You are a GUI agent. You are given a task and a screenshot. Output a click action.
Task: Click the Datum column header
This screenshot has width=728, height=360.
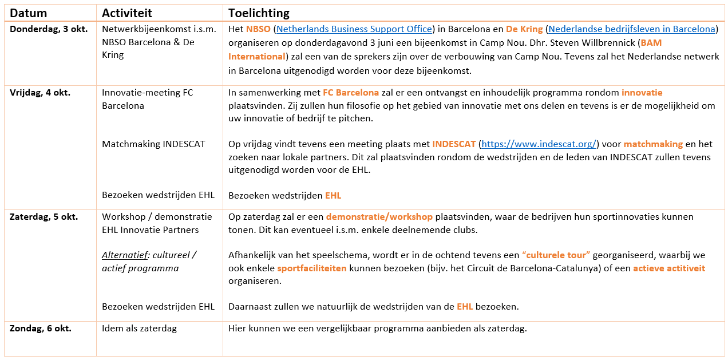29,13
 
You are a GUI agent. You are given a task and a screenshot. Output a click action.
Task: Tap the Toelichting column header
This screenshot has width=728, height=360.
259,13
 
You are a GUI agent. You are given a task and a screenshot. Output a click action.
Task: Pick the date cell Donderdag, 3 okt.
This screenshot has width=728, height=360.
49,29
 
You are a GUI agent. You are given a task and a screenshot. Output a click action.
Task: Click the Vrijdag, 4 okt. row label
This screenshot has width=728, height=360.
40,93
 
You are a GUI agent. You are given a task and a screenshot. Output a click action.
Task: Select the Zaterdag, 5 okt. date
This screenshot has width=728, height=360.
44,217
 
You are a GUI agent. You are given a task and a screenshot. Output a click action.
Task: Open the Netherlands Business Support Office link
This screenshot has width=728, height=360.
354,29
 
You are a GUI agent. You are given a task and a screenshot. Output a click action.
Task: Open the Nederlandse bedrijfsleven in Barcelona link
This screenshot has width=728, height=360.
631,29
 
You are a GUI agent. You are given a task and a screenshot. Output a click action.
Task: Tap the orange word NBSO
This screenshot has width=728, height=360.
258,29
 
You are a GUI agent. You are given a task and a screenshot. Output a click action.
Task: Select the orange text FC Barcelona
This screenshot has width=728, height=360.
351,93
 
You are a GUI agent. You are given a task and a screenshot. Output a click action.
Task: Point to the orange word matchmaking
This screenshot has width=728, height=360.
653,144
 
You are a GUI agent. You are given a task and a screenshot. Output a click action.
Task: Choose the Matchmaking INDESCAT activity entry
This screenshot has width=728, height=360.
153,144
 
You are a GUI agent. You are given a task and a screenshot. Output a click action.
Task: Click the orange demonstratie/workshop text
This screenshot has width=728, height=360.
379,217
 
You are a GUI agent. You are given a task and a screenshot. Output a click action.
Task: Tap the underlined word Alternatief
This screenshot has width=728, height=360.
126,255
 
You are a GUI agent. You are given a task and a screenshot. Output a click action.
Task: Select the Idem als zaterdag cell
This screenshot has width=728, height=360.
139,329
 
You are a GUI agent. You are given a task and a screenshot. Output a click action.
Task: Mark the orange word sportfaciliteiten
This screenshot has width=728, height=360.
312,268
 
